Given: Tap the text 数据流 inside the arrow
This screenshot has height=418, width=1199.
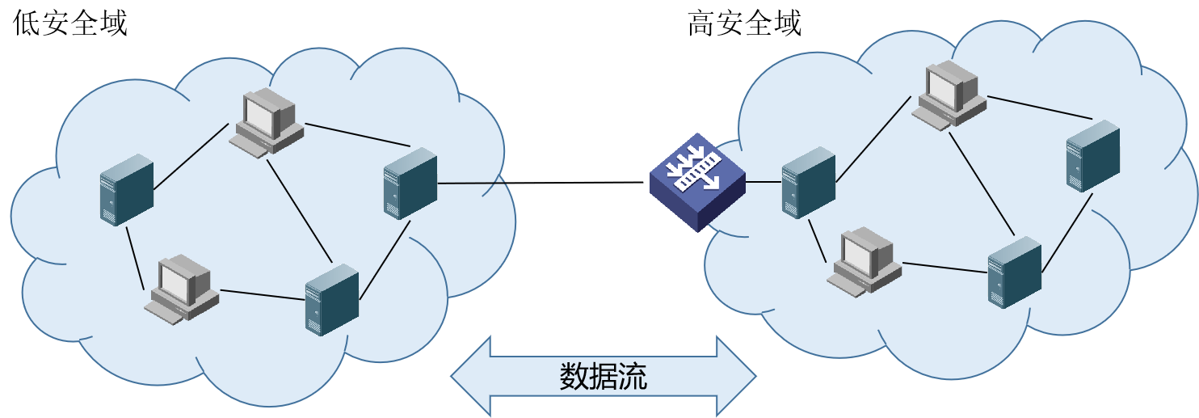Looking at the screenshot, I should pyautogui.click(x=603, y=377).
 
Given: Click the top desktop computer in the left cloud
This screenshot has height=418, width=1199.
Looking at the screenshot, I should pyautogui.click(x=267, y=124).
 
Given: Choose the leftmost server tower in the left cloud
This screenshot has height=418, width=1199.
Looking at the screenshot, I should pyautogui.click(x=127, y=189).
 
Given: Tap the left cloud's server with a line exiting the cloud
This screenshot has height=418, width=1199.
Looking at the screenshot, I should pyautogui.click(x=410, y=183).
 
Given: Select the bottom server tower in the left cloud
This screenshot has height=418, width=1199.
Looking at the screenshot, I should pyautogui.click(x=331, y=299).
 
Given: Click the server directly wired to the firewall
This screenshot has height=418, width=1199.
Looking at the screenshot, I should pyautogui.click(x=808, y=182).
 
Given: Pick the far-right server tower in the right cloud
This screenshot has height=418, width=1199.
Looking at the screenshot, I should pyautogui.click(x=1092, y=155).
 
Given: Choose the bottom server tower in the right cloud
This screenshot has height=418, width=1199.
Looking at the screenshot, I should pyautogui.click(x=1014, y=272).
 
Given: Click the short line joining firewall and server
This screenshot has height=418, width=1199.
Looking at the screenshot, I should pyautogui.click(x=764, y=183).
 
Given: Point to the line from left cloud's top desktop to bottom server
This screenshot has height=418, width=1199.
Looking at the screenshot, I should pyautogui.click(x=301, y=210).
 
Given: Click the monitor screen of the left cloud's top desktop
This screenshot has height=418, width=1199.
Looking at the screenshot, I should pyautogui.click(x=263, y=115).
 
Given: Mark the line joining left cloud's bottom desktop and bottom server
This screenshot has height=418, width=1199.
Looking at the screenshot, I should pyautogui.click(x=263, y=294).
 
